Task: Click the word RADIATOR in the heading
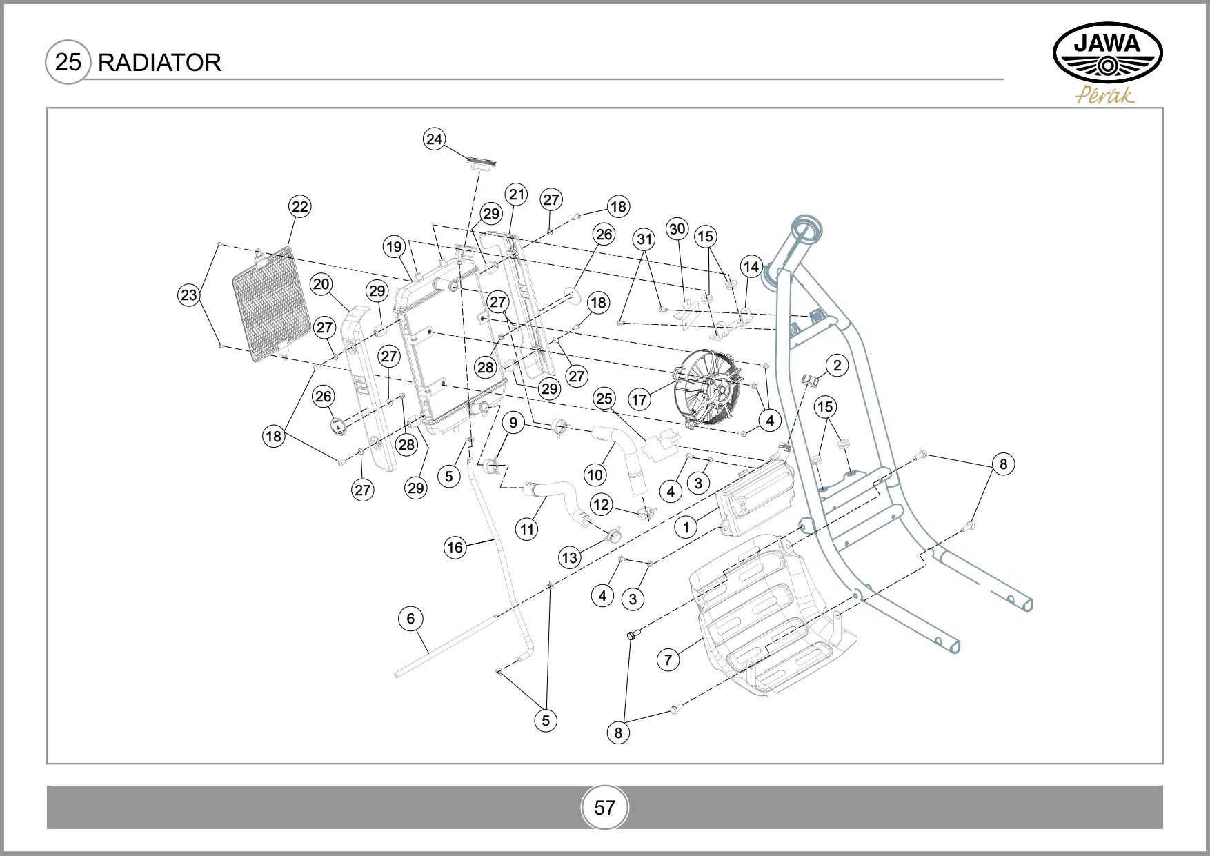[x=159, y=63]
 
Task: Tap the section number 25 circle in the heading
[x=68, y=62]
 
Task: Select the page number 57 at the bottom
[x=604, y=807]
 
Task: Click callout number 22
[x=299, y=206]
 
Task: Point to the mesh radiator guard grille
[x=271, y=304]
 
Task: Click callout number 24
[x=434, y=139]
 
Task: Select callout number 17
[x=639, y=399]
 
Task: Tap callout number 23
[x=188, y=295]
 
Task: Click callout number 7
[x=668, y=659]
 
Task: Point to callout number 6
[x=410, y=619]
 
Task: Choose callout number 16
[x=455, y=548]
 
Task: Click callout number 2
[x=837, y=366]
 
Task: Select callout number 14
[x=751, y=266]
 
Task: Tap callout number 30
[x=677, y=229]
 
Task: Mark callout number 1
[x=686, y=528]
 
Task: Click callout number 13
[x=569, y=557]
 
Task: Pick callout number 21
[x=517, y=195]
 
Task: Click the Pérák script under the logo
[x=1104, y=95]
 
